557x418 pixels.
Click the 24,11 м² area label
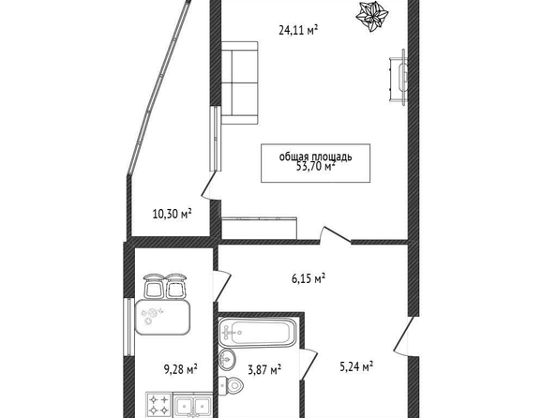[x=298, y=30]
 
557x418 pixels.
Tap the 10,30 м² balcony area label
[x=172, y=214]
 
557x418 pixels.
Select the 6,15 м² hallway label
[x=309, y=278]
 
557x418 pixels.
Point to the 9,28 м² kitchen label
[x=180, y=369]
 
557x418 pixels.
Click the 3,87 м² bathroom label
[x=264, y=370]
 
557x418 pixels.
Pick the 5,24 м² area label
[x=356, y=366]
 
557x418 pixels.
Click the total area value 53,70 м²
[x=316, y=166]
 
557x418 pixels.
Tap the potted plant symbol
[x=372, y=16]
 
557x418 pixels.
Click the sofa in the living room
[x=239, y=83]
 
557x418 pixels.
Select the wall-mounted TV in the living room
[x=399, y=78]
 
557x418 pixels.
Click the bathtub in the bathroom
[x=258, y=333]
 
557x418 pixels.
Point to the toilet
[x=231, y=384]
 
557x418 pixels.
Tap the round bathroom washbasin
[x=227, y=359]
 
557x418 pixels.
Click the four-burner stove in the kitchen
[x=158, y=405]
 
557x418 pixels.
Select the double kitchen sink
[x=192, y=405]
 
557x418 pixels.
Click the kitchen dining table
[x=163, y=317]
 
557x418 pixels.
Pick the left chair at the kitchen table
[x=154, y=286]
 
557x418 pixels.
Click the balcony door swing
[x=210, y=186]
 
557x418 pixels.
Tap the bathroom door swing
[x=309, y=365]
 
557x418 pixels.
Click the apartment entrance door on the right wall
[x=403, y=336]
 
